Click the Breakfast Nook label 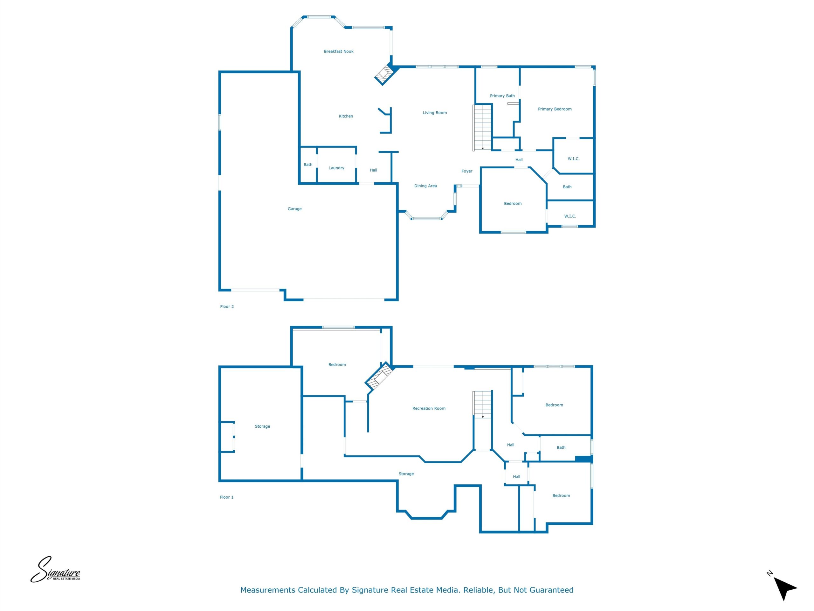coord(339,52)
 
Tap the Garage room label coord(294,209)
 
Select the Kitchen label coord(346,116)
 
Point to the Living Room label coord(435,113)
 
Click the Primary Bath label coord(502,96)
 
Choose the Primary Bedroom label coord(555,109)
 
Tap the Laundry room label coord(336,168)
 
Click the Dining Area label coord(425,186)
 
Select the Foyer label coord(466,171)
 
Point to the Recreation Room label coord(429,408)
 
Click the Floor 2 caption coord(227,306)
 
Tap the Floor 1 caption coord(227,497)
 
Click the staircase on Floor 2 coord(482,128)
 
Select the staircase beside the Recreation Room coord(482,404)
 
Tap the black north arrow coord(784,588)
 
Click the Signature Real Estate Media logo coord(55,570)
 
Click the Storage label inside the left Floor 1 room coord(262,426)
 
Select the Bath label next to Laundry coord(308,165)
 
